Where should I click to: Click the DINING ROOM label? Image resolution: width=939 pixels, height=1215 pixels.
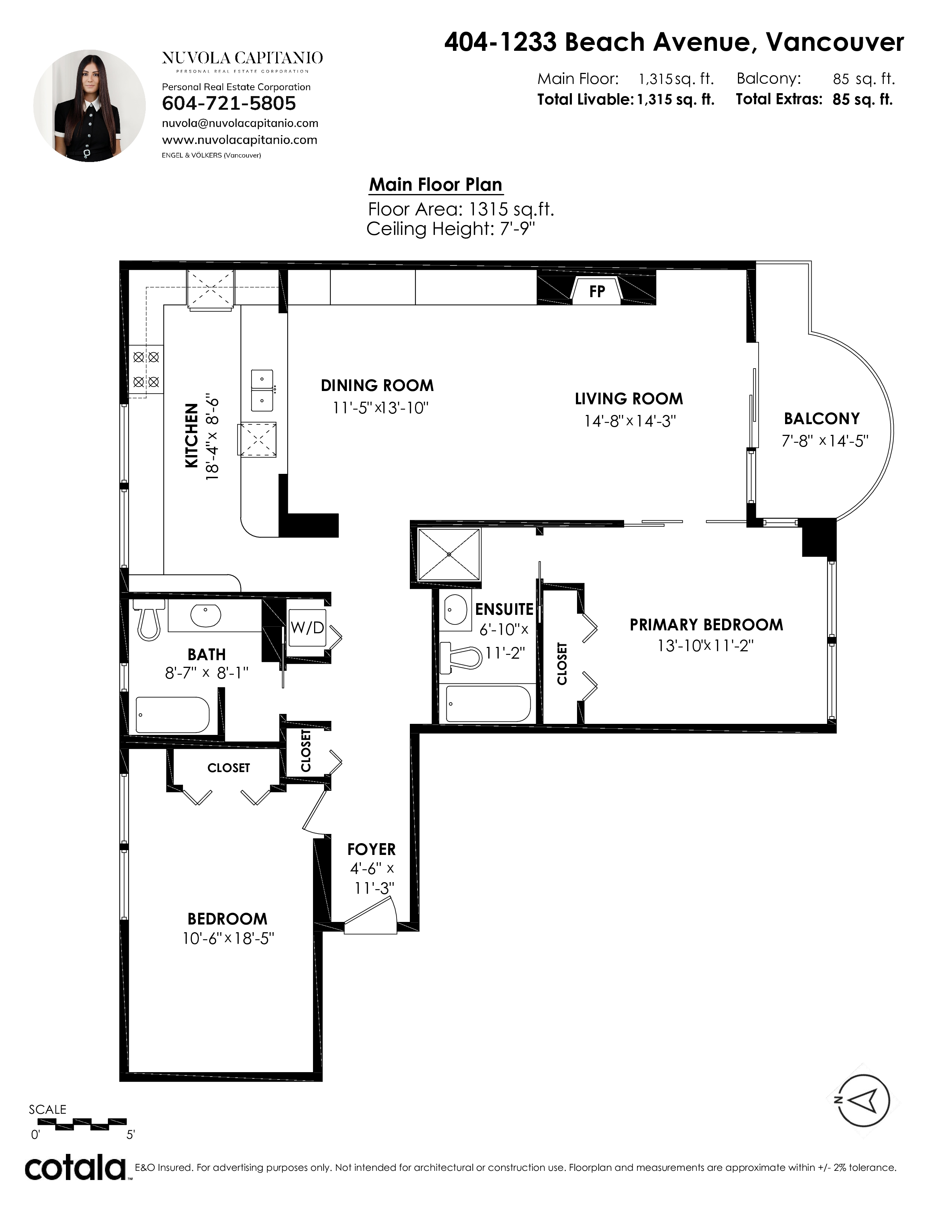pos(377,385)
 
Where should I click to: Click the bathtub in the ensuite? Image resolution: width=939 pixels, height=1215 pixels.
pos(488,704)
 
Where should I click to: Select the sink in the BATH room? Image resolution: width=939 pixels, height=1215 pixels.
pos(206,615)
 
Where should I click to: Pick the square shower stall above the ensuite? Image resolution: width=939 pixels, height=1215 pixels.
pos(449,554)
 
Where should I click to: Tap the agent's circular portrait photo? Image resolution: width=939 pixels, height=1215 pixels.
pos(89,106)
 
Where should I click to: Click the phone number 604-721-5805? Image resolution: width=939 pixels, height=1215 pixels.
pos(229,103)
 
